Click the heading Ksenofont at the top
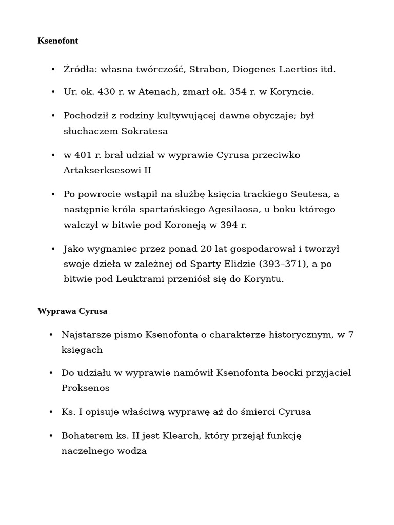coord(58,41)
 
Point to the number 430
coord(106,92)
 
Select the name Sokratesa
coord(145,131)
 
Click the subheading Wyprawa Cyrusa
coord(72,311)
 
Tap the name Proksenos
coord(86,388)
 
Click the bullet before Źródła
coord(53,70)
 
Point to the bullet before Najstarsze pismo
coord(51,335)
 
